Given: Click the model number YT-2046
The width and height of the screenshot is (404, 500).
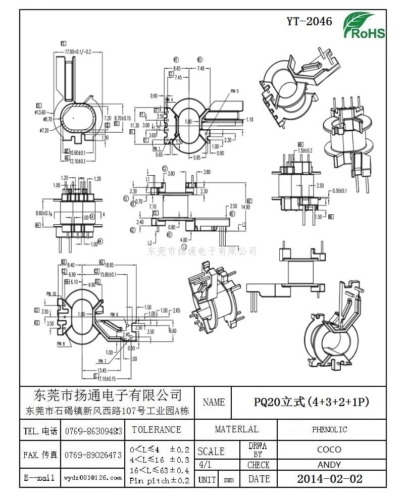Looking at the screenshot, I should (x=310, y=21).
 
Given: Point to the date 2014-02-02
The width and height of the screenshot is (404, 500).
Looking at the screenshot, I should (x=329, y=479).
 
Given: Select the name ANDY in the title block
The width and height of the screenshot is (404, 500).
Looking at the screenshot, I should (x=329, y=465).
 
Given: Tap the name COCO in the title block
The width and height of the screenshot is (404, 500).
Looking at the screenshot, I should (x=329, y=449).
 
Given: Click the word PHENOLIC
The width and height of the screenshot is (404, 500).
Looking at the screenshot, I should (x=329, y=429).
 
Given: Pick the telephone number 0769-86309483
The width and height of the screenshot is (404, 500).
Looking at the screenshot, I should (x=93, y=431).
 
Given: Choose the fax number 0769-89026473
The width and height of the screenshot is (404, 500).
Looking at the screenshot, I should (x=93, y=455).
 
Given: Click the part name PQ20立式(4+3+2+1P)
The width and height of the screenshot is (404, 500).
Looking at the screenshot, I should (x=311, y=402).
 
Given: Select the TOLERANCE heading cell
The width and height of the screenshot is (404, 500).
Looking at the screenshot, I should (x=156, y=430).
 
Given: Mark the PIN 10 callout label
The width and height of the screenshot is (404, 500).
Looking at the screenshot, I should (x=51, y=293).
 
